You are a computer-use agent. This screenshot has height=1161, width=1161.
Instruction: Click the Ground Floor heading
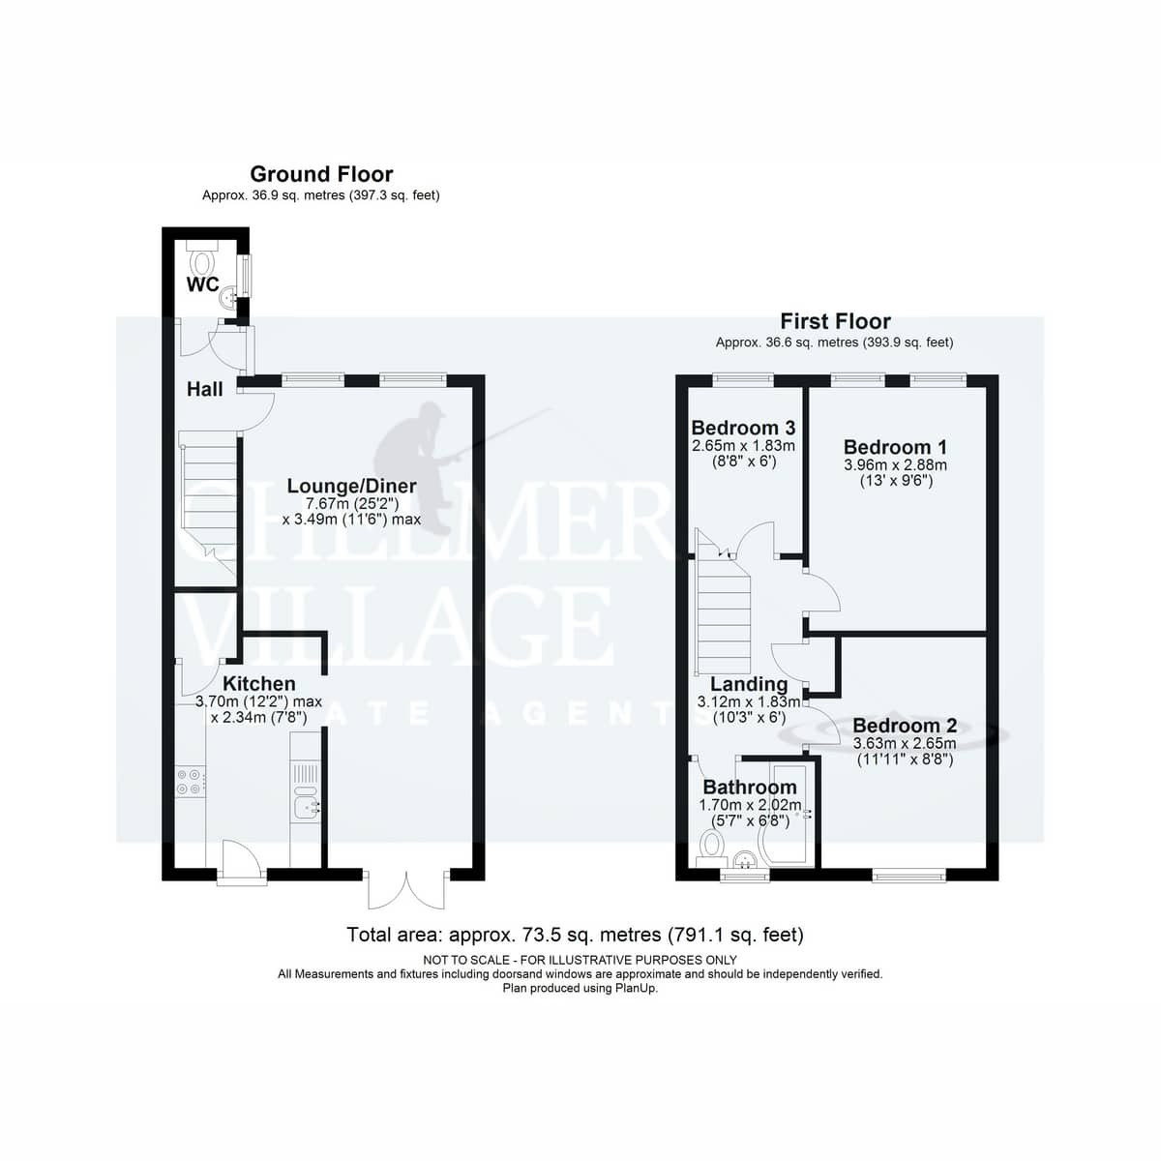tap(321, 174)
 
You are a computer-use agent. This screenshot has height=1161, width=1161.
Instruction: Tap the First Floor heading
tap(835, 321)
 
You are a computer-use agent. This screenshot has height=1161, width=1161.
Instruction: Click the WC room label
tap(202, 284)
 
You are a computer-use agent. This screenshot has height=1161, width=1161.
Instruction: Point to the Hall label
tap(204, 389)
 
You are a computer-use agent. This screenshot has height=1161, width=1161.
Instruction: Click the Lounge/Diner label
tap(351, 486)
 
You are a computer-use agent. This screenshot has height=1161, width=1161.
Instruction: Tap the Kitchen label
tap(259, 683)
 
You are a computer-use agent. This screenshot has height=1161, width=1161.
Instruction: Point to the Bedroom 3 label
tap(743, 428)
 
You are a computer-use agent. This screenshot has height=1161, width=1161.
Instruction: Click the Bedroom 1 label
tap(895, 447)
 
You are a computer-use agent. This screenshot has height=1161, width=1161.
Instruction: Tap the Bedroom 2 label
tap(905, 726)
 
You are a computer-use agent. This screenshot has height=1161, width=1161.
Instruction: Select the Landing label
tap(749, 684)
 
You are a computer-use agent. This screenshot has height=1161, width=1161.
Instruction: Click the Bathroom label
tap(750, 787)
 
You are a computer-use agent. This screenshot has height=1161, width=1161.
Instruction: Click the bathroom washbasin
tap(746, 860)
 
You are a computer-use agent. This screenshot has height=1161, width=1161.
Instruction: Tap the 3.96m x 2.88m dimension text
tap(895, 465)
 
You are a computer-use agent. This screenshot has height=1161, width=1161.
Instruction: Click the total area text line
tap(575, 935)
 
